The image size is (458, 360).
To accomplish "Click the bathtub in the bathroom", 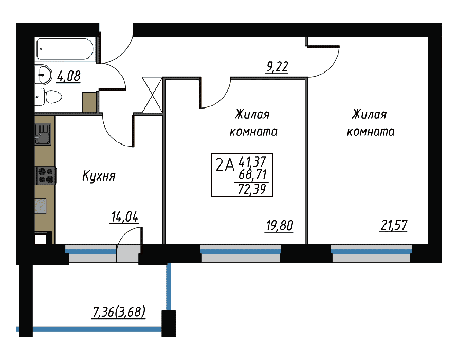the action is pyautogui.click(x=65, y=49).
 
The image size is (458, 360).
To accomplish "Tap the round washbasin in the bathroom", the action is pyautogui.click(x=43, y=75).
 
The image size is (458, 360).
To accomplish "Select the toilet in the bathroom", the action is pyautogui.click(x=48, y=97).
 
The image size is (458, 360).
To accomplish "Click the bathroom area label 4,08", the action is pyautogui.click(x=68, y=77).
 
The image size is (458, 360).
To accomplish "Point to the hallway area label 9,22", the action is pyautogui.click(x=277, y=67).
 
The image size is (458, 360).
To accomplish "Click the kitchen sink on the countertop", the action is pyautogui.click(x=43, y=134).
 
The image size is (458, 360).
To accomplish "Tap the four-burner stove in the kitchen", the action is pyautogui.click(x=46, y=175).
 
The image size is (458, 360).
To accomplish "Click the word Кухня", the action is pyautogui.click(x=99, y=176).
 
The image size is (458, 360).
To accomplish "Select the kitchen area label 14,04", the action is pyautogui.click(x=124, y=217).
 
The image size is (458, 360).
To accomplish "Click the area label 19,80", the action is pyautogui.click(x=279, y=226).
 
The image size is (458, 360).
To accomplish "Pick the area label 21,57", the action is pyautogui.click(x=394, y=225).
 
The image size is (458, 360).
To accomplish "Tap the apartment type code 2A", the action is pyautogui.click(x=225, y=166).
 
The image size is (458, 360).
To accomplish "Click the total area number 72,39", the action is pyautogui.click(x=252, y=189).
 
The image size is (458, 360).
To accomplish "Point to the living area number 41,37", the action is pyautogui.click(x=252, y=161).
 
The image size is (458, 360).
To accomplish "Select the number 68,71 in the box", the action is pyautogui.click(x=253, y=175).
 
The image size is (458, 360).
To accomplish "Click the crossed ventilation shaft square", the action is pyautogui.click(x=152, y=95).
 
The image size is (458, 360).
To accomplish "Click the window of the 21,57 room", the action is pyautogui.click(x=371, y=254).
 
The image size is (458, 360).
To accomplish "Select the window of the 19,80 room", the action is pyautogui.click(x=241, y=254).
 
